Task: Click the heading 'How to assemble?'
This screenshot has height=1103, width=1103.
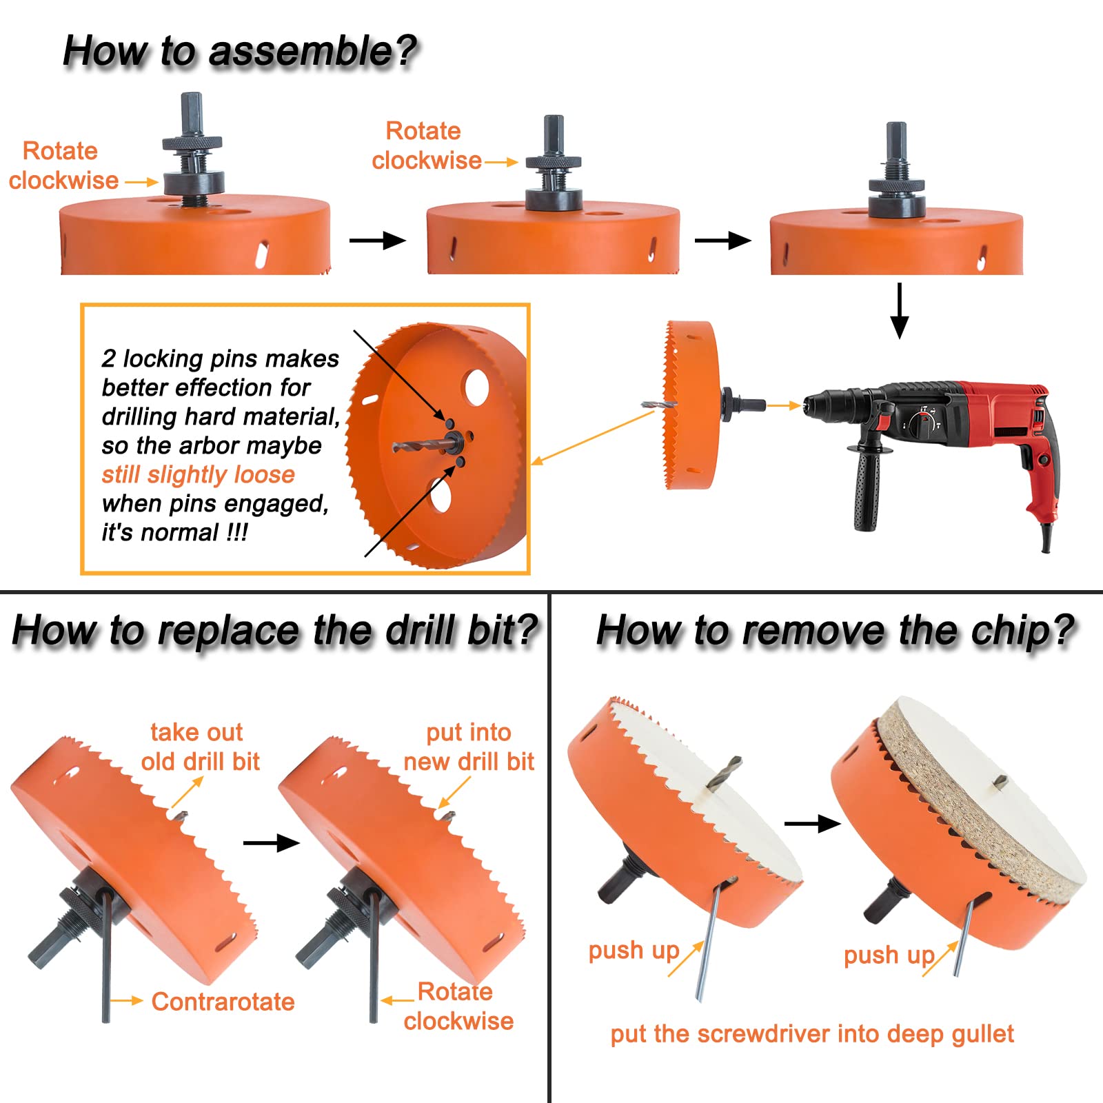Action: [x=240, y=51]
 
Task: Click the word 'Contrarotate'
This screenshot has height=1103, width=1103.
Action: [x=223, y=1001]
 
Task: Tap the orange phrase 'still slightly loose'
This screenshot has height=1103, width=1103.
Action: [x=198, y=474]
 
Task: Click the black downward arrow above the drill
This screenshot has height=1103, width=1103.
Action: [x=899, y=310]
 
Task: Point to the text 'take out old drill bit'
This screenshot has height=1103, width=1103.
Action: [x=200, y=747]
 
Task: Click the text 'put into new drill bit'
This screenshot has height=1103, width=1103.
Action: [x=469, y=747]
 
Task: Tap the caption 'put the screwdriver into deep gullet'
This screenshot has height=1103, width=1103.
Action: [x=811, y=1034]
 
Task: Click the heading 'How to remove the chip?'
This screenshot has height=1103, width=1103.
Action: [x=835, y=630]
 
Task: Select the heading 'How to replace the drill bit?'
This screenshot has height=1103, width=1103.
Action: [x=274, y=630]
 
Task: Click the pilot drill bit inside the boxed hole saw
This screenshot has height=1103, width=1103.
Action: [x=421, y=445]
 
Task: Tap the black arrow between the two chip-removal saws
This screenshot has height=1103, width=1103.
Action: [x=812, y=823]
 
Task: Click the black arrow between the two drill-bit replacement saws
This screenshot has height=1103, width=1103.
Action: [x=271, y=842]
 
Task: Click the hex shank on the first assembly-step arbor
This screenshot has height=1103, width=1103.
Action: [x=192, y=113]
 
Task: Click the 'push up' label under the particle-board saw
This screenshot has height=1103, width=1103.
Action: [x=889, y=955]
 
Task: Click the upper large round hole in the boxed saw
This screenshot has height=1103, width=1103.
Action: [x=476, y=387]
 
